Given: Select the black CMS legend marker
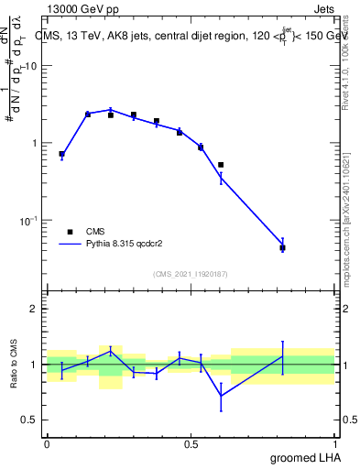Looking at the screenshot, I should pyautogui.click(x=69, y=232).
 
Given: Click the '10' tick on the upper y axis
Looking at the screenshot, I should pyautogui.click(x=31, y=66).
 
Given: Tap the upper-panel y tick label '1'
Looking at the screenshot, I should pyautogui.click(x=35, y=143).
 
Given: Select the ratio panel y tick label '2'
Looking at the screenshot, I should pyautogui.click(x=35, y=309).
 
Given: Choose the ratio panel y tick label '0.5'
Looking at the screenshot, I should pyautogui.click(x=30, y=420).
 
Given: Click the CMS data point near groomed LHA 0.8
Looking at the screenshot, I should pyautogui.click(x=282, y=247).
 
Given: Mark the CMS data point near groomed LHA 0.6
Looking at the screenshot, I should pyautogui.click(x=221, y=165).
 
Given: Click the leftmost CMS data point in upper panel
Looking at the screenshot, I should pyautogui.click(x=61, y=154).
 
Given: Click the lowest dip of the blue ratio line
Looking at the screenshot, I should pyautogui.click(x=221, y=396).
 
